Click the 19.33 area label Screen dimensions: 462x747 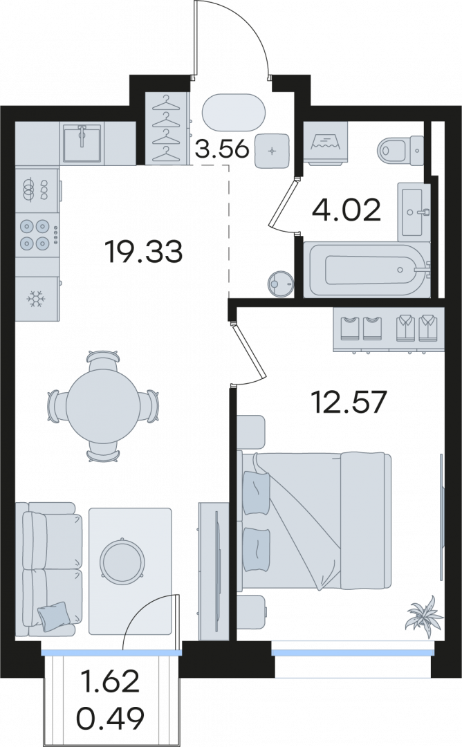(145, 252)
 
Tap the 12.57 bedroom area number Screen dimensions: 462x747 (348, 403)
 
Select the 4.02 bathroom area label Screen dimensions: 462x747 (346, 210)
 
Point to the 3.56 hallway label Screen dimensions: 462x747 (223, 149)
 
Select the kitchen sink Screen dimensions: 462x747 (82, 143)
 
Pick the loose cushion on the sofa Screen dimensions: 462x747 (54, 616)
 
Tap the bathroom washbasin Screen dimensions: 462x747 (414, 210)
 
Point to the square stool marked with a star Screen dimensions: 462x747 (272, 151)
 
